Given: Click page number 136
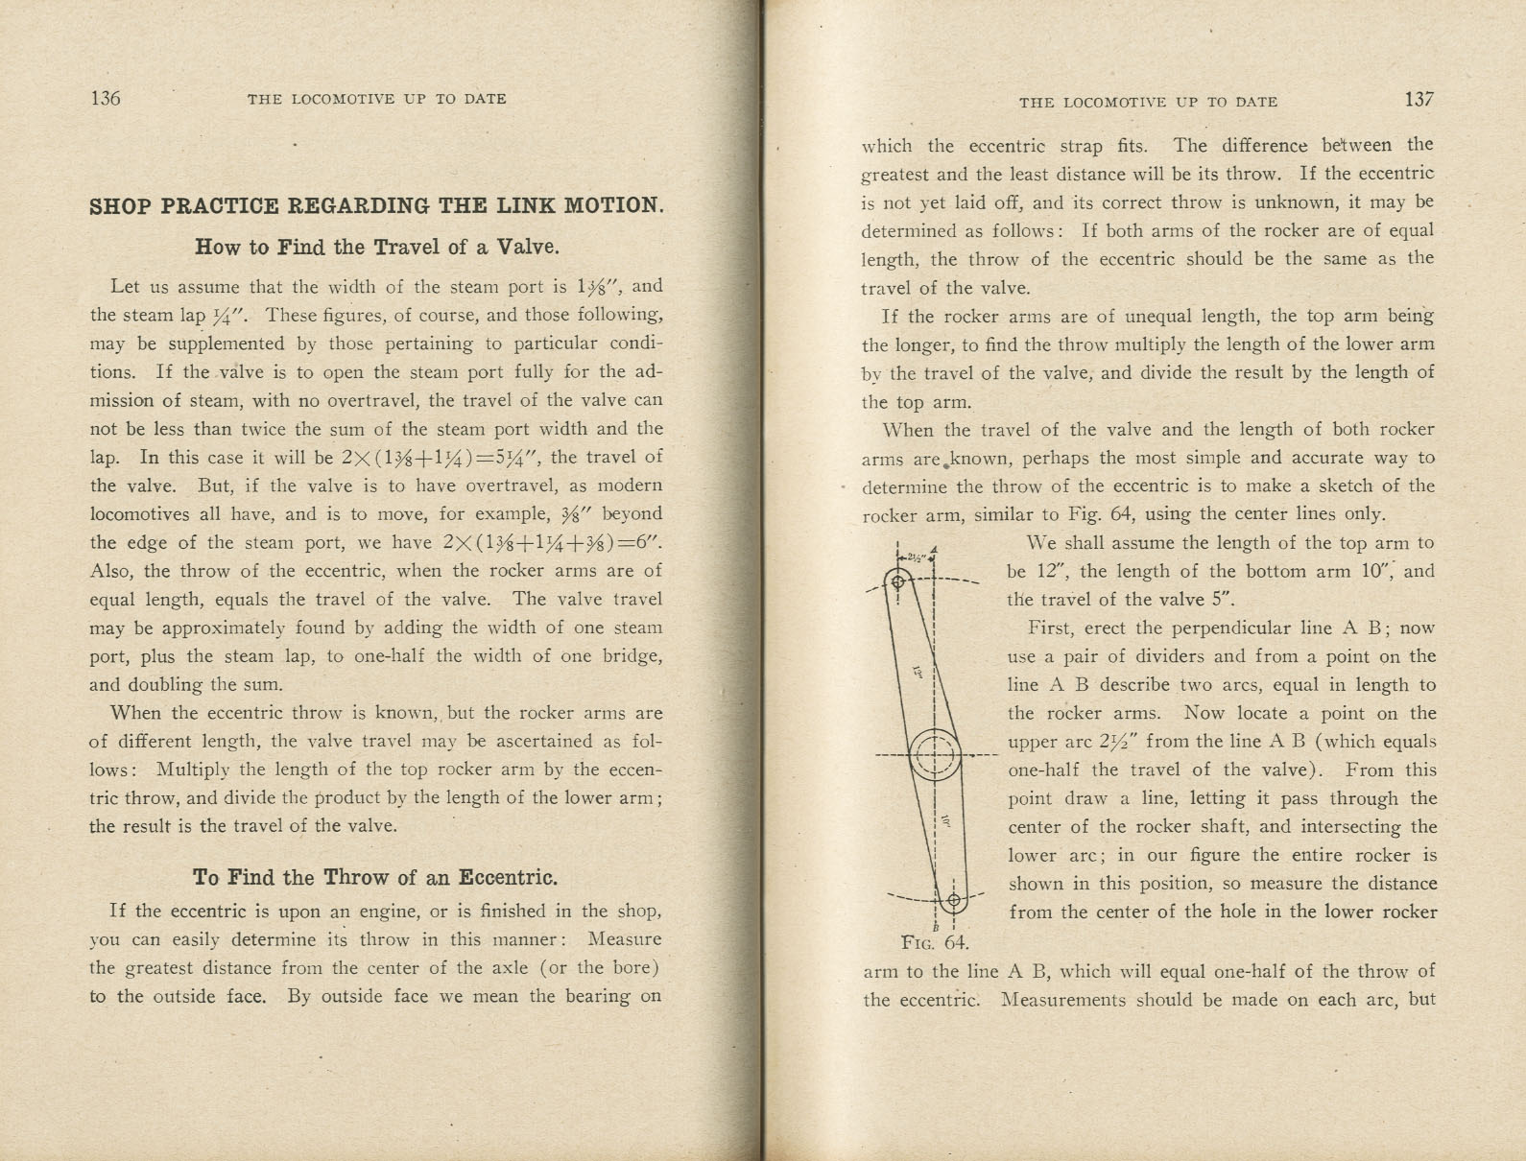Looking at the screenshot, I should (105, 98).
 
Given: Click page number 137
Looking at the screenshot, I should (1419, 100).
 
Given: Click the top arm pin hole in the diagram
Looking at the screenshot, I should (898, 581).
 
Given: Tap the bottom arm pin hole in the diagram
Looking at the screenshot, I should (953, 900).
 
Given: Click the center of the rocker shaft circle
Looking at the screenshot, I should (934, 755).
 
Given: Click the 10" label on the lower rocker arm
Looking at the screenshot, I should (945, 821).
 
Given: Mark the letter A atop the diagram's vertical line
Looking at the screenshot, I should (934, 549).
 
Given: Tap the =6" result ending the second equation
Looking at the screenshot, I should (643, 542).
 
